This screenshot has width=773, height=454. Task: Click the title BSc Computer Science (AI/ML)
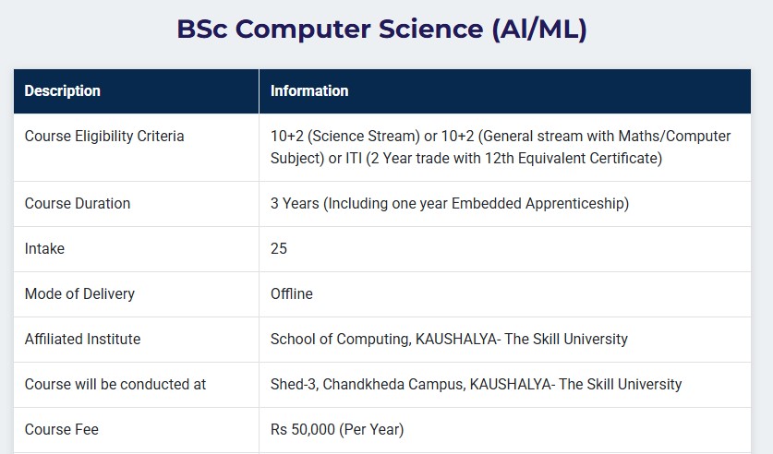click(x=382, y=29)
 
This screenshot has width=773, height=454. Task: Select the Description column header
click(x=63, y=90)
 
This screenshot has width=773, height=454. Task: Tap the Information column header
click(x=309, y=90)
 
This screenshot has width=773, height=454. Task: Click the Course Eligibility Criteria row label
click(x=104, y=136)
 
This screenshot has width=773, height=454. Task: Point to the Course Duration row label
click(x=78, y=203)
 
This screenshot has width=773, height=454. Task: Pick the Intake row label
click(x=44, y=248)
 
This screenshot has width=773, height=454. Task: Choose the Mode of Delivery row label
click(x=79, y=294)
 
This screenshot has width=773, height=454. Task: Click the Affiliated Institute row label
click(x=82, y=339)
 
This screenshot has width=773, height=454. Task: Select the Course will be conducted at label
click(x=115, y=384)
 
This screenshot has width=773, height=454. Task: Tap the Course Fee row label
click(x=62, y=429)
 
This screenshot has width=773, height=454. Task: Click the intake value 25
click(x=279, y=248)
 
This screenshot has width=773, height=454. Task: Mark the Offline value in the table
click(x=291, y=294)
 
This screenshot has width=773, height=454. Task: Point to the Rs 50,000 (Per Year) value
click(x=337, y=429)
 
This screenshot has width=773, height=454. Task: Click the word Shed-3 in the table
click(x=295, y=384)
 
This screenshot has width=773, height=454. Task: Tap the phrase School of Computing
click(x=340, y=340)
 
